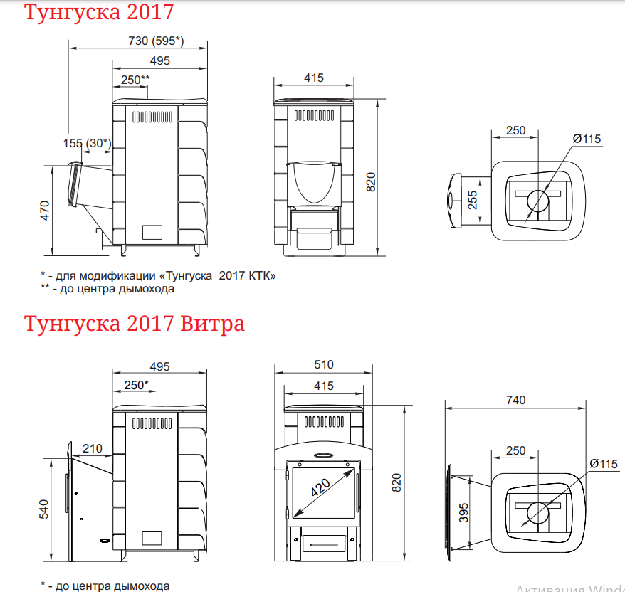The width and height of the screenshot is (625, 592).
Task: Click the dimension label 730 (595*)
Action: pos(155,41)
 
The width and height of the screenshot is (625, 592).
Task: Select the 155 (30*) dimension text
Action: pos(88,143)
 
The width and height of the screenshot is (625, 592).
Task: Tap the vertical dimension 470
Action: pos(44,211)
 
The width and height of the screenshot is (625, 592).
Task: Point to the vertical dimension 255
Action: pos(473,201)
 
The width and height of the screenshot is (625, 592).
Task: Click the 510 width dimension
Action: pos(323,365)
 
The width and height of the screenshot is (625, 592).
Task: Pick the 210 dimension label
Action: pos(93,448)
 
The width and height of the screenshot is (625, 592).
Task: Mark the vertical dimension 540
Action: pos(44,511)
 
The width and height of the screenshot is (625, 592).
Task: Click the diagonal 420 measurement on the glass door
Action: pos(320,487)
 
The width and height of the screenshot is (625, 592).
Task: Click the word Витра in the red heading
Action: pos(211,324)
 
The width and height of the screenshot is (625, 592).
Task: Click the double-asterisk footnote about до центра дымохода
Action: pos(107,289)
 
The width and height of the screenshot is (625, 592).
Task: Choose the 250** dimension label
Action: pos(135,79)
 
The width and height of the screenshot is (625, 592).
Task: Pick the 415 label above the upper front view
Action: pos(313,78)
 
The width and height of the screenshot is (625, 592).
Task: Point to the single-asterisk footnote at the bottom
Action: pos(105,586)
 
